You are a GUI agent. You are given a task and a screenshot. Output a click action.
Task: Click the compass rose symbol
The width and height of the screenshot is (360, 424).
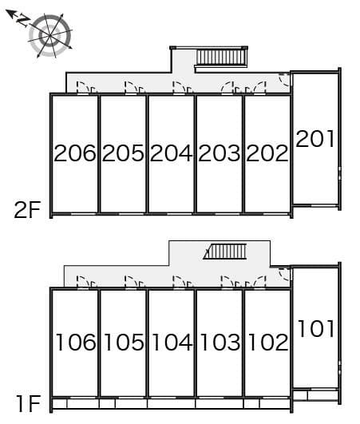pyautogui.click(x=51, y=35)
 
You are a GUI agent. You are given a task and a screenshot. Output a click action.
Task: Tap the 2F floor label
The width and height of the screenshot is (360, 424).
pyautogui.click(x=26, y=210)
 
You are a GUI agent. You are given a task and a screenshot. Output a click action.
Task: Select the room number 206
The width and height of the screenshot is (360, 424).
pyautogui.click(x=75, y=153)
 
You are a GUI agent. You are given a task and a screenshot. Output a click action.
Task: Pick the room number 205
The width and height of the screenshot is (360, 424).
pyautogui.click(x=123, y=153)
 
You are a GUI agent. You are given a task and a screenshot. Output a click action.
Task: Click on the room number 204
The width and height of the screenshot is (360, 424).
pyautogui.click(x=171, y=153)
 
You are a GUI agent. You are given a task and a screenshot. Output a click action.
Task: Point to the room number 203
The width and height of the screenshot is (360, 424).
pyautogui.click(x=220, y=153)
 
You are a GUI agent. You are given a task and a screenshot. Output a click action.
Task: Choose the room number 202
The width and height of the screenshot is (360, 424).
pyautogui.click(x=267, y=153)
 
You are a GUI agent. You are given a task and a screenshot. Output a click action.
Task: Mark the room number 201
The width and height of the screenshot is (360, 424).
pyautogui.click(x=315, y=139)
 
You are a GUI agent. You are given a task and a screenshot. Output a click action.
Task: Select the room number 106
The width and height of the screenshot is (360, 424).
pyautogui.click(x=75, y=343)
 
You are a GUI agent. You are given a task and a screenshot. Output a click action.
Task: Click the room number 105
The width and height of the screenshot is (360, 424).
pyautogui.click(x=123, y=343)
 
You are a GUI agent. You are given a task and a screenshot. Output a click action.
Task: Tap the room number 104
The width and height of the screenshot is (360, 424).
pyautogui.click(x=171, y=343)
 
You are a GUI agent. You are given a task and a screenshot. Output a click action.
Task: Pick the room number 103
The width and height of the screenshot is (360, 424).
pyautogui.click(x=220, y=343)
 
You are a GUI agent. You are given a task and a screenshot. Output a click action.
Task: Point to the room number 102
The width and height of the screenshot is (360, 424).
pyautogui.click(x=267, y=343)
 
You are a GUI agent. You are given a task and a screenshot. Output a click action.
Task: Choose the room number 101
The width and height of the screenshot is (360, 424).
pyautogui.click(x=315, y=328)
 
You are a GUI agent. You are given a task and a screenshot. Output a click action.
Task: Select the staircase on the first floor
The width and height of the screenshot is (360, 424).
pyautogui.click(x=226, y=252)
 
